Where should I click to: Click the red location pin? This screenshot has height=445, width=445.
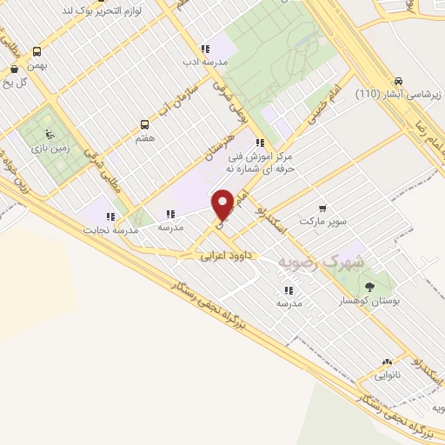coord(224,205)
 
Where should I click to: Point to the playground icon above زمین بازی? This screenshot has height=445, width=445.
coord(48,135)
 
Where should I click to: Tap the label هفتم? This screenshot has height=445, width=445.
coord(146,139)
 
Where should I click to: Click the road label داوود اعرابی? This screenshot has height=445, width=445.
coord(225,256)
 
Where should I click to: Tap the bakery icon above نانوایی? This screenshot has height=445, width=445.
coord(386,362)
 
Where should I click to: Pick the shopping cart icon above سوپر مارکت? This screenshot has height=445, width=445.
coord(322,209)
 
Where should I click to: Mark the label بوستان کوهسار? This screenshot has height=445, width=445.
coord(371,302)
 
